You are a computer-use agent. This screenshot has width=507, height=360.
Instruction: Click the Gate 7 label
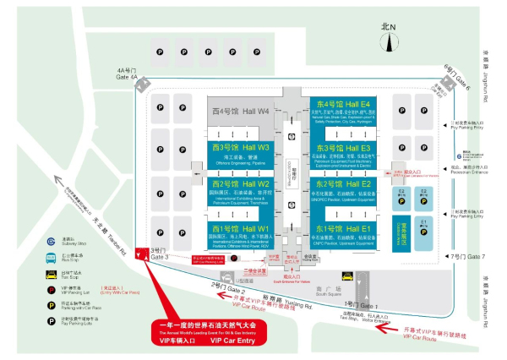(x=469, y=256)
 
